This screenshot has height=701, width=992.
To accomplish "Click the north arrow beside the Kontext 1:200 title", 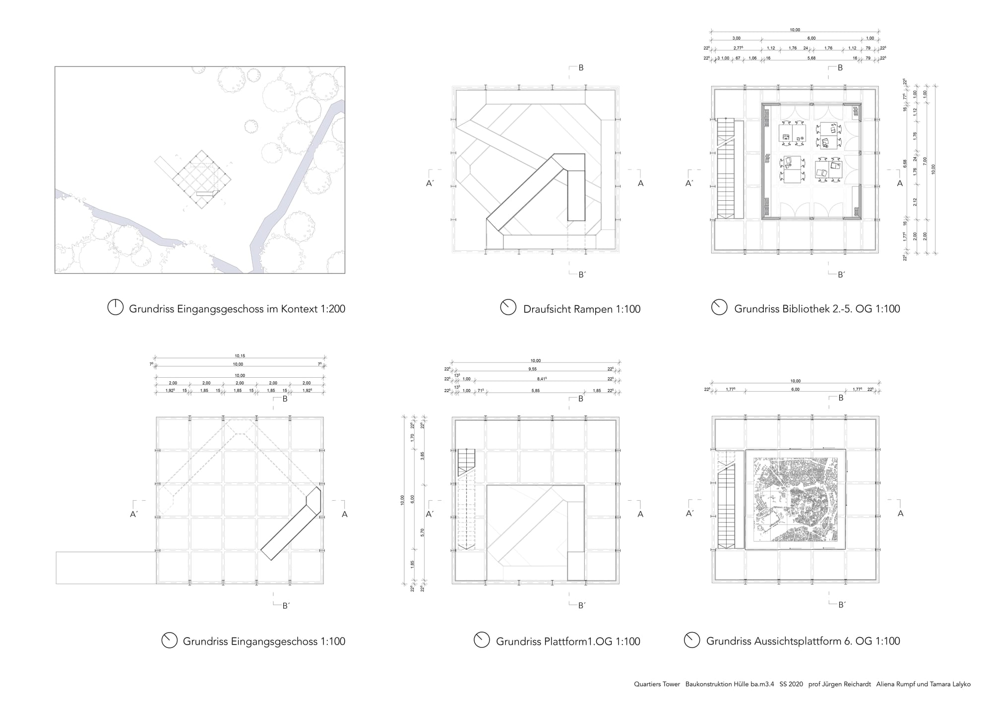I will coord(115,308).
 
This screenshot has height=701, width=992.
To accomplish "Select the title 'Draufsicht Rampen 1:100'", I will coord(582,309).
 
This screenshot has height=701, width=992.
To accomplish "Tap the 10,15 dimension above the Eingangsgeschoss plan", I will coord(240,356).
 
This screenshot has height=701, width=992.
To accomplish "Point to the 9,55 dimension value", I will coord(532,369).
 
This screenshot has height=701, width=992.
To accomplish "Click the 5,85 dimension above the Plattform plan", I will coord(535,391).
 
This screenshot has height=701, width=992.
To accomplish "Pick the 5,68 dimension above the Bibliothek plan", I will coord(811,58).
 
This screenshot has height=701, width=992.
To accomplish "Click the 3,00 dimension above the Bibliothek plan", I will coord(736,38).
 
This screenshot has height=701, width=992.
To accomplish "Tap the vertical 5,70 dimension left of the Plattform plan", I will coord(423,532).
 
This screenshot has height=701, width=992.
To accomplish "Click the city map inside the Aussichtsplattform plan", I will coord(795,500).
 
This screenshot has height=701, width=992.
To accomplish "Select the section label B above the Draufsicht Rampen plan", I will coord(581,68).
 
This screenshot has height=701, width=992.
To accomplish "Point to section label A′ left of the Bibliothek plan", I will coord(689,183).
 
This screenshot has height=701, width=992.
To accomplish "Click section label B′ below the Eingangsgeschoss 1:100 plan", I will coord(286,605).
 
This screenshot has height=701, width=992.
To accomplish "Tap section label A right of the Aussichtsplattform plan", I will coord(900,514).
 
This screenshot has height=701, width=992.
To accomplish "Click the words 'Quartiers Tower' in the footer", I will coord(657,684).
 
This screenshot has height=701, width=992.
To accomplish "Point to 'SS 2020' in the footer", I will coord(791,684).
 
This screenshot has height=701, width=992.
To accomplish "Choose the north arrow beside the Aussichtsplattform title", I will coord(692,640).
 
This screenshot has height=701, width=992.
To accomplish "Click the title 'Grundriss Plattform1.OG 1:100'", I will coord(568,641).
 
